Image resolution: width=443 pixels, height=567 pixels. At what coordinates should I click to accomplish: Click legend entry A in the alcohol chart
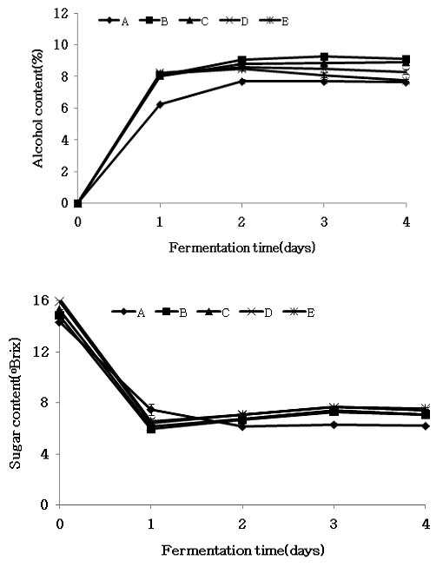pos(114,22)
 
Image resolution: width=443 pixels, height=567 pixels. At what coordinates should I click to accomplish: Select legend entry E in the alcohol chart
pos(274,22)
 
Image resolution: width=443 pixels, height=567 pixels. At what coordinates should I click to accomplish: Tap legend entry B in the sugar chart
pos(171,312)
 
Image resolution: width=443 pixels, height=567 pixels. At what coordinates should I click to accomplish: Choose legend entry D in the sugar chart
pos(255,312)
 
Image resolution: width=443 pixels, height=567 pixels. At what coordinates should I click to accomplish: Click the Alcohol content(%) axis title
pos(37,109)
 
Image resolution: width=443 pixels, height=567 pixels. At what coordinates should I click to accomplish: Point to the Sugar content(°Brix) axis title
pos(15,404)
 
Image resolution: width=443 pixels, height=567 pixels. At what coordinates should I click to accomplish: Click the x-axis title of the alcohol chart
pos(242,247)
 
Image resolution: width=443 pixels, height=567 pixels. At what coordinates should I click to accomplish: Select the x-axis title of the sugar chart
pos(242,551)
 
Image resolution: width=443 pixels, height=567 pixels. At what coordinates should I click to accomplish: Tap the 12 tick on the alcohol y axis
pos(60,13)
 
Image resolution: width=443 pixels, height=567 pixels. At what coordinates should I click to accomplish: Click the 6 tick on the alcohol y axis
pos(64,109)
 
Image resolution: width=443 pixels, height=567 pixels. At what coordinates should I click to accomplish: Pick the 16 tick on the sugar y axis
pos(41,300)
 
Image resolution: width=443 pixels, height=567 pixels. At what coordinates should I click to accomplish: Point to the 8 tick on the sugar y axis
pos(44,403)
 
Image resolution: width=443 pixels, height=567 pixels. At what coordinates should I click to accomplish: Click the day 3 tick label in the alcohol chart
pos(324,221)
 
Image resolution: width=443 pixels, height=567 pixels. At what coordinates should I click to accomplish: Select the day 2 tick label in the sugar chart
pos(242,524)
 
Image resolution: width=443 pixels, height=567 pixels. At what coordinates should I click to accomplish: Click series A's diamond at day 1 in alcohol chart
pos(160,104)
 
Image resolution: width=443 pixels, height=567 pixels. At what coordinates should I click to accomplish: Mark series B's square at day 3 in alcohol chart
pos(324,56)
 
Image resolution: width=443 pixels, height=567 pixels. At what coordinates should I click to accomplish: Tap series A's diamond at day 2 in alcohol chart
pos(242,82)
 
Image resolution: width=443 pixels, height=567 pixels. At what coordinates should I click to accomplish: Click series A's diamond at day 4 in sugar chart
pos(426,426)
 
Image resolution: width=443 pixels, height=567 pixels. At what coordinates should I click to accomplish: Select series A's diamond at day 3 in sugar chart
pos(334,425)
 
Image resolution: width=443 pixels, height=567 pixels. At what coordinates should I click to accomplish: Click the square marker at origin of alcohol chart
pos(78,203)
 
